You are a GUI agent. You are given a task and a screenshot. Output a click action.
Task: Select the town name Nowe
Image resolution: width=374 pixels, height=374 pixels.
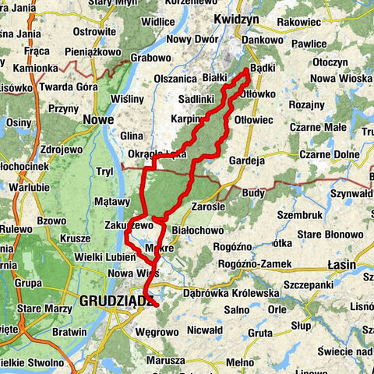point(98,119)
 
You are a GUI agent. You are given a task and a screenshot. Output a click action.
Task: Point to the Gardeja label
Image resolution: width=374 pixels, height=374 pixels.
point(249,161)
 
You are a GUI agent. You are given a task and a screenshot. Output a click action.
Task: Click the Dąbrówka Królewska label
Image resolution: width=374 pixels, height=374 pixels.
point(230,293)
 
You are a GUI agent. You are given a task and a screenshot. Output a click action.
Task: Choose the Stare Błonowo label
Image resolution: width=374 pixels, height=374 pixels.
point(326,231)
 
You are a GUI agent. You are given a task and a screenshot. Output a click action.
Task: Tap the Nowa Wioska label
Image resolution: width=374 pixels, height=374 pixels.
point(340,79)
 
